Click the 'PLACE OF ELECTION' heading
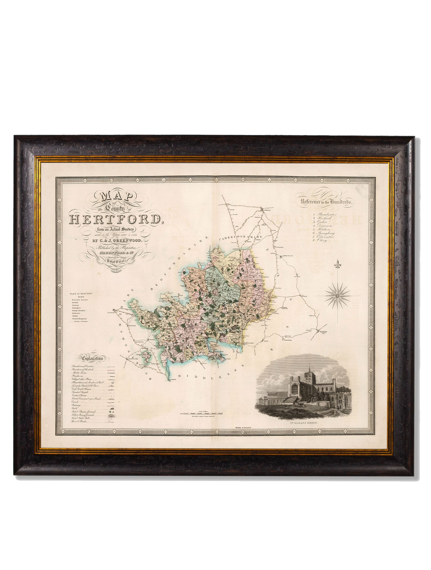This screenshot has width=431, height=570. click(x=81, y=294)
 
